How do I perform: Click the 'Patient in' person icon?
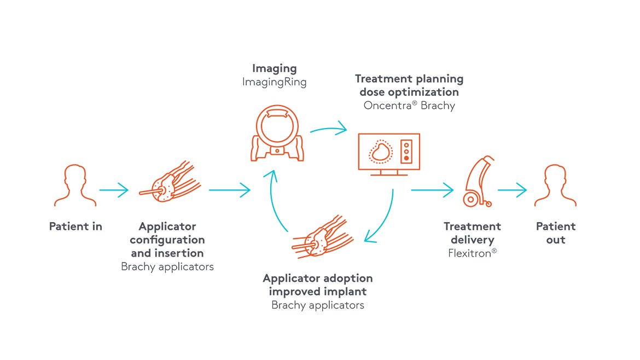[x=76, y=186]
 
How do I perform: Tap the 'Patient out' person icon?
[x=556, y=186]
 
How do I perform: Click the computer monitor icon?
[x=388, y=154]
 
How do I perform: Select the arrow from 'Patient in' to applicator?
[x=114, y=190]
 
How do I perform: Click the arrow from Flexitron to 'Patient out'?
[x=512, y=190]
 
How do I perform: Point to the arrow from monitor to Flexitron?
[x=432, y=190]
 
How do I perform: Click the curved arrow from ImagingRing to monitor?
[x=329, y=130]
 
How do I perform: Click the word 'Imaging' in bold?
[x=275, y=69]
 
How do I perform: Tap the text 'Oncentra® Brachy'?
[x=409, y=106]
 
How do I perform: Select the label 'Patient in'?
[x=76, y=226]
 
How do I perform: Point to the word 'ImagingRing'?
[x=275, y=82]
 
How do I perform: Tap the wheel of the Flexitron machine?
[x=469, y=200]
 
